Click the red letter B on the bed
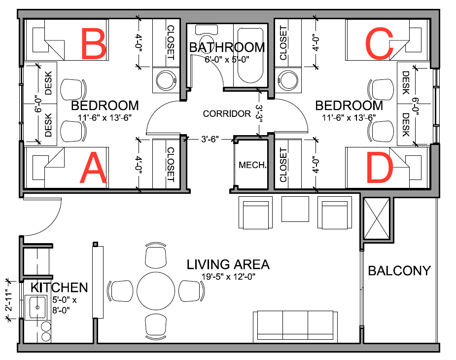pyautogui.click(x=94, y=43)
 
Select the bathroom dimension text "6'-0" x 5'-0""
pyautogui.click(x=227, y=60)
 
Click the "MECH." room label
pyautogui.click(x=252, y=165)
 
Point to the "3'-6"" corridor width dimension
pyautogui.click(x=210, y=140)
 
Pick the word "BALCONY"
pyautogui.click(x=399, y=271)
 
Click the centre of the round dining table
pyautogui.click(x=156, y=291)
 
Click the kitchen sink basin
pyautogui.click(x=37, y=307)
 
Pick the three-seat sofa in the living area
pyautogui.click(x=295, y=326)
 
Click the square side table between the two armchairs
pyautogui.click(x=295, y=209)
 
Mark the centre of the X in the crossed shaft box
pyautogui.click(x=377, y=218)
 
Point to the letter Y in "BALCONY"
pyautogui.click(x=425, y=271)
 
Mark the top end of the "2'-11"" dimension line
pyautogui.click(x=10, y=281)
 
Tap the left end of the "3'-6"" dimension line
pyautogui.click(x=185, y=140)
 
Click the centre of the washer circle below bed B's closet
pyautogui.click(x=166, y=80)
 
